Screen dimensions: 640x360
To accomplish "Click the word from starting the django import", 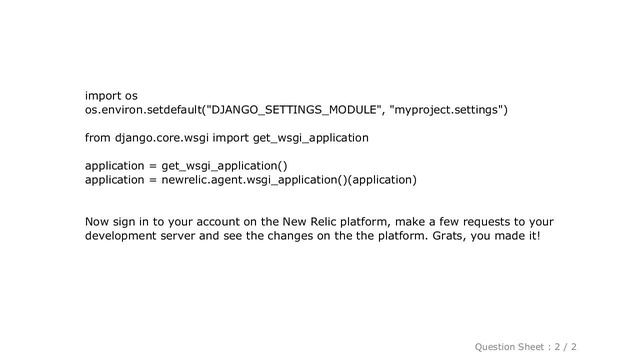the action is tap(97, 137).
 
